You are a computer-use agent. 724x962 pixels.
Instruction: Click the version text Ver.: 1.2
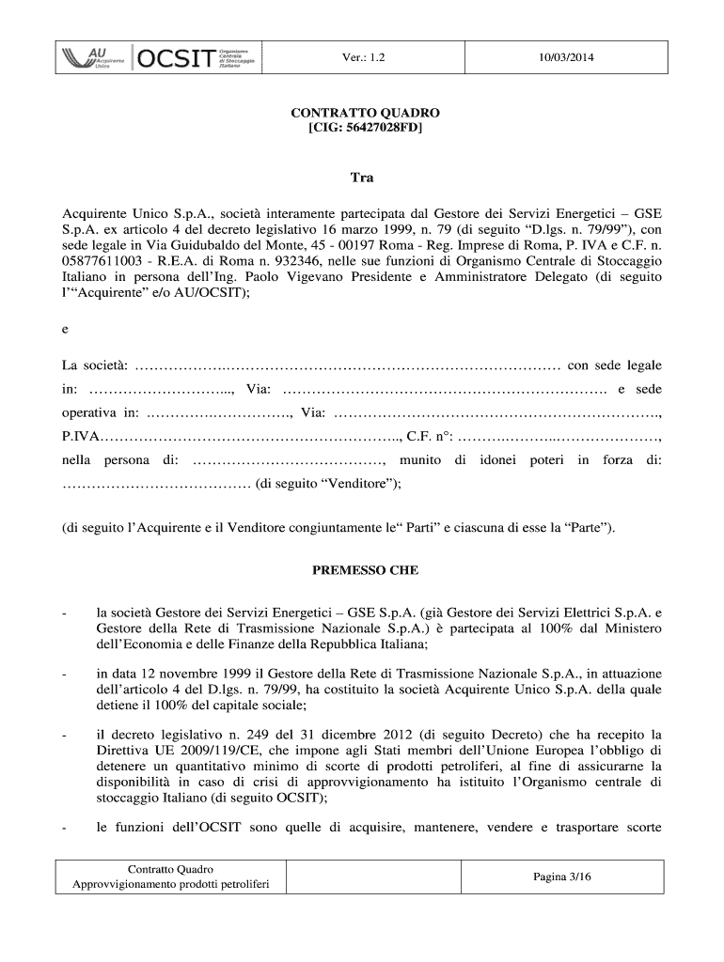(363, 59)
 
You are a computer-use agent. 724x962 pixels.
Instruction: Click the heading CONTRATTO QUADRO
(365, 113)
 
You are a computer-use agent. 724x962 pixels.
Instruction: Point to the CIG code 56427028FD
(380, 128)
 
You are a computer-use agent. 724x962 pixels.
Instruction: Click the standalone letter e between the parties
(65, 329)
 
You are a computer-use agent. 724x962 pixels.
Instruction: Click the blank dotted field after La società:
(348, 365)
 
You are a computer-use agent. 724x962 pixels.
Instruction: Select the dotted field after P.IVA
(250, 436)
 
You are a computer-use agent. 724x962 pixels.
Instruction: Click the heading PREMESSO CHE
(365, 570)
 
